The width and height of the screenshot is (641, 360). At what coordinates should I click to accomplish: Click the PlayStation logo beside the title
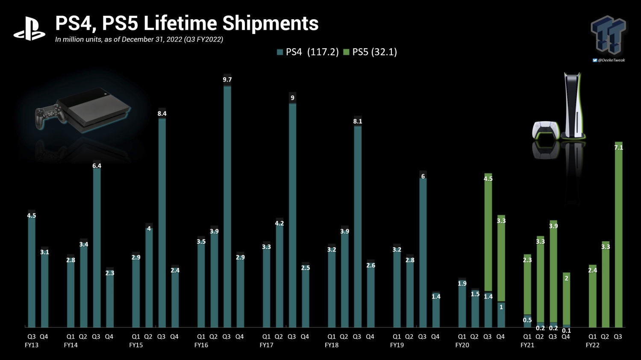pos(29,29)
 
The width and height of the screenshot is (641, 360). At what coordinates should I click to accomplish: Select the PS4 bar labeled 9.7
pos(227,205)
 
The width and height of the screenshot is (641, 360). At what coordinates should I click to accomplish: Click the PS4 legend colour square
pos(280,52)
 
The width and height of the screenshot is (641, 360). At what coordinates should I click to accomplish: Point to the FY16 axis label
pos(201,345)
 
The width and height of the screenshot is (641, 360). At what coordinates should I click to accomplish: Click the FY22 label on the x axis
pos(593,345)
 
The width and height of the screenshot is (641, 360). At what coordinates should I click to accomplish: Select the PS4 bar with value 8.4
pos(162,222)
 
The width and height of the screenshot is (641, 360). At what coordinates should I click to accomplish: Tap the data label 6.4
pos(97,166)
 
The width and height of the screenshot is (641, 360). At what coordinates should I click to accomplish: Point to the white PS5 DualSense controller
pos(545,130)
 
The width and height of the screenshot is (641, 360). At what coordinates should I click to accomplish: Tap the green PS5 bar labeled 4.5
pos(488,235)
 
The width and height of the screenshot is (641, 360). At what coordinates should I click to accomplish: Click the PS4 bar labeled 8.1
pos(358,226)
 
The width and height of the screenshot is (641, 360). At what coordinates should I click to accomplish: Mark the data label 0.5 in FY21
pos(527,320)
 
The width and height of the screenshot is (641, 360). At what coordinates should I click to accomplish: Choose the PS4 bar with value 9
pos(292,214)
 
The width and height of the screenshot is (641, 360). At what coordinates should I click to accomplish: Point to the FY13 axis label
pos(32,345)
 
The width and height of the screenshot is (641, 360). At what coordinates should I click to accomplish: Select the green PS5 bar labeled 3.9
pos(553,273)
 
